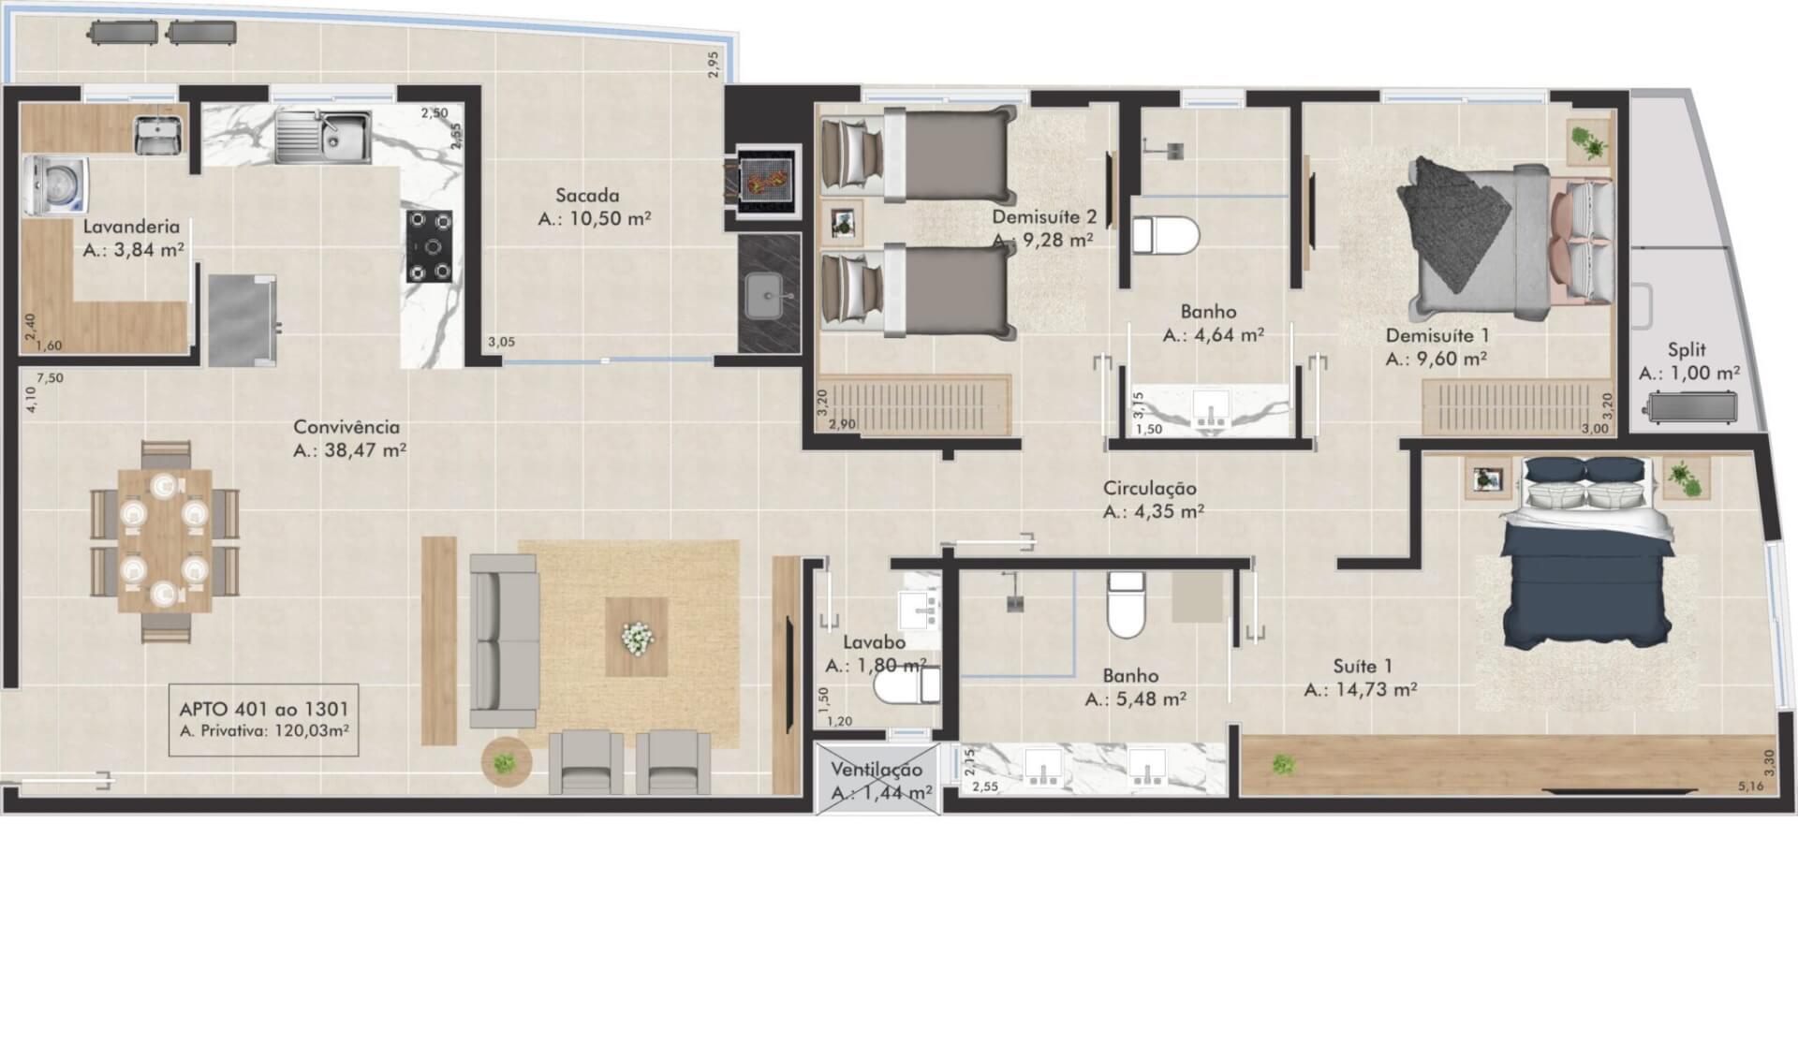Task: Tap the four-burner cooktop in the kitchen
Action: click(x=429, y=246)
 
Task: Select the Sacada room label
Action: click(x=587, y=196)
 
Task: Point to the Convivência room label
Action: click(x=346, y=427)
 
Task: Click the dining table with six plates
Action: click(x=165, y=540)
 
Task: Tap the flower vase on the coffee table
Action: click(x=637, y=638)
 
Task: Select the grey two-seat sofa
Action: click(x=504, y=640)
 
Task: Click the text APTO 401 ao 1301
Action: click(x=264, y=710)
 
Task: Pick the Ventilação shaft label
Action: click(x=877, y=770)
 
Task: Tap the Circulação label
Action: click(x=1150, y=488)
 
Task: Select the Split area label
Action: click(x=1687, y=350)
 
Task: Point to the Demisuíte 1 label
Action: click(x=1437, y=335)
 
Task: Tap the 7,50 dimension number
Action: click(x=50, y=378)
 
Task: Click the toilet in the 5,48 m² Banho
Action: click(x=1126, y=605)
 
